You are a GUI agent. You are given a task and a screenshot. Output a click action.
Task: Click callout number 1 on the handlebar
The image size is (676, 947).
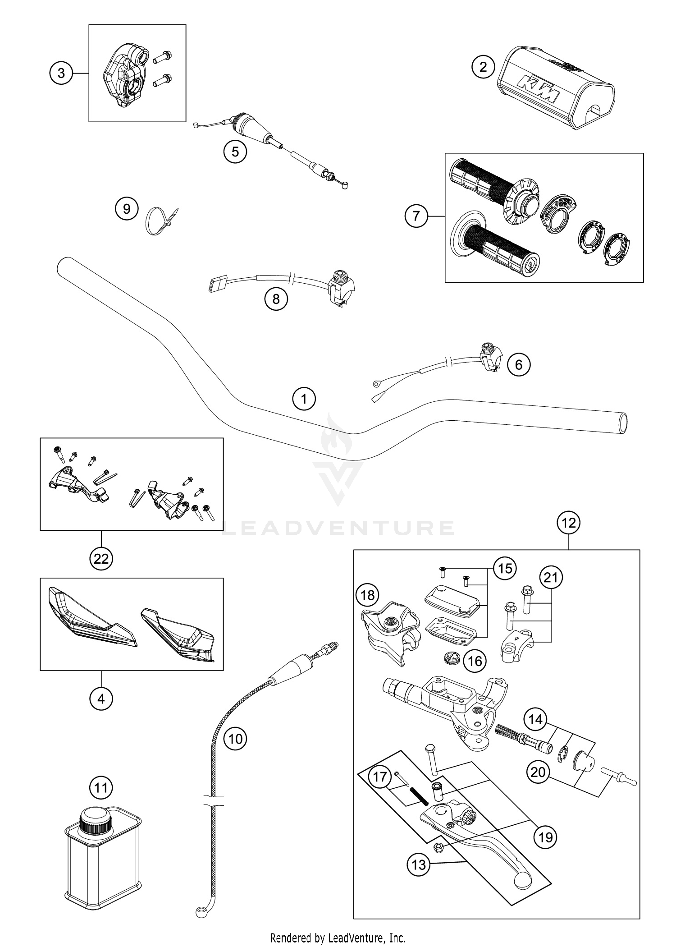[304, 399]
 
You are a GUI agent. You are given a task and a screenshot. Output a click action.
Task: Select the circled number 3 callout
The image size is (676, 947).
[61, 73]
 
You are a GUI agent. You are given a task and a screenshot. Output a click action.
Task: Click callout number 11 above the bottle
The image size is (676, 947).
[101, 788]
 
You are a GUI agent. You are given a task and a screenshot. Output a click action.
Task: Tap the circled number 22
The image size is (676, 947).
[101, 559]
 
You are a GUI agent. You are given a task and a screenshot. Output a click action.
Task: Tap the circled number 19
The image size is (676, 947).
[545, 837]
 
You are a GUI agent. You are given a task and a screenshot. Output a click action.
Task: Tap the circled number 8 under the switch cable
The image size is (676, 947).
[276, 299]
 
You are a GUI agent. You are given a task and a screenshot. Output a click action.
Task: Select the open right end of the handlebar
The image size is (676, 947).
[622, 424]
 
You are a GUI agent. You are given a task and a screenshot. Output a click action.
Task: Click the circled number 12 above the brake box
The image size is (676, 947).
[568, 523]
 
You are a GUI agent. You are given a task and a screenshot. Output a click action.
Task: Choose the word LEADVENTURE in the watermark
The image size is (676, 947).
[338, 528]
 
